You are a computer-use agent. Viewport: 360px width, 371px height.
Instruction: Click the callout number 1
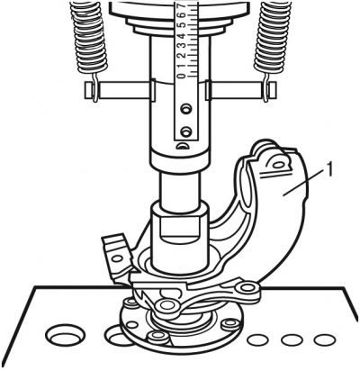(328, 170)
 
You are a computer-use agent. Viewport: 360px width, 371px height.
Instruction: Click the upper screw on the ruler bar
(186, 108)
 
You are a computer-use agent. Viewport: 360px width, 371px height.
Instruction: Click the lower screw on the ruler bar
(186, 131)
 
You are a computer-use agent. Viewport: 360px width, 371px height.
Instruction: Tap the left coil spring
(88, 39)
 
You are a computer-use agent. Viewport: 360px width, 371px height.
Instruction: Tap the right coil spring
(273, 39)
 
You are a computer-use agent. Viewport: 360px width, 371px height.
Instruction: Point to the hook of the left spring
(94, 87)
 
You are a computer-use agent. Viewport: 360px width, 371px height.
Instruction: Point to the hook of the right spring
(266, 87)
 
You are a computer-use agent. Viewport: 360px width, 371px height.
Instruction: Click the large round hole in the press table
(65, 333)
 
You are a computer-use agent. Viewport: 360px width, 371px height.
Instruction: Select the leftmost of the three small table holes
(257, 339)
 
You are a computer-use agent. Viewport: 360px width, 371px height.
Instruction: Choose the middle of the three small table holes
(292, 339)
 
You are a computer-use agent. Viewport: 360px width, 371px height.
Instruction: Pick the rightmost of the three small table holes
(325, 339)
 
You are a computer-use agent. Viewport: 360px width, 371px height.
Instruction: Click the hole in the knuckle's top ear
(278, 165)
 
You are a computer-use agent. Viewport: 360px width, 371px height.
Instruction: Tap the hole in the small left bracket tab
(117, 258)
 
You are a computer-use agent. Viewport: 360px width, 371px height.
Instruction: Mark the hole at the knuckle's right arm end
(247, 287)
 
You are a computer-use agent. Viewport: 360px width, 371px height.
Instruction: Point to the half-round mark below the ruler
(182, 146)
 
